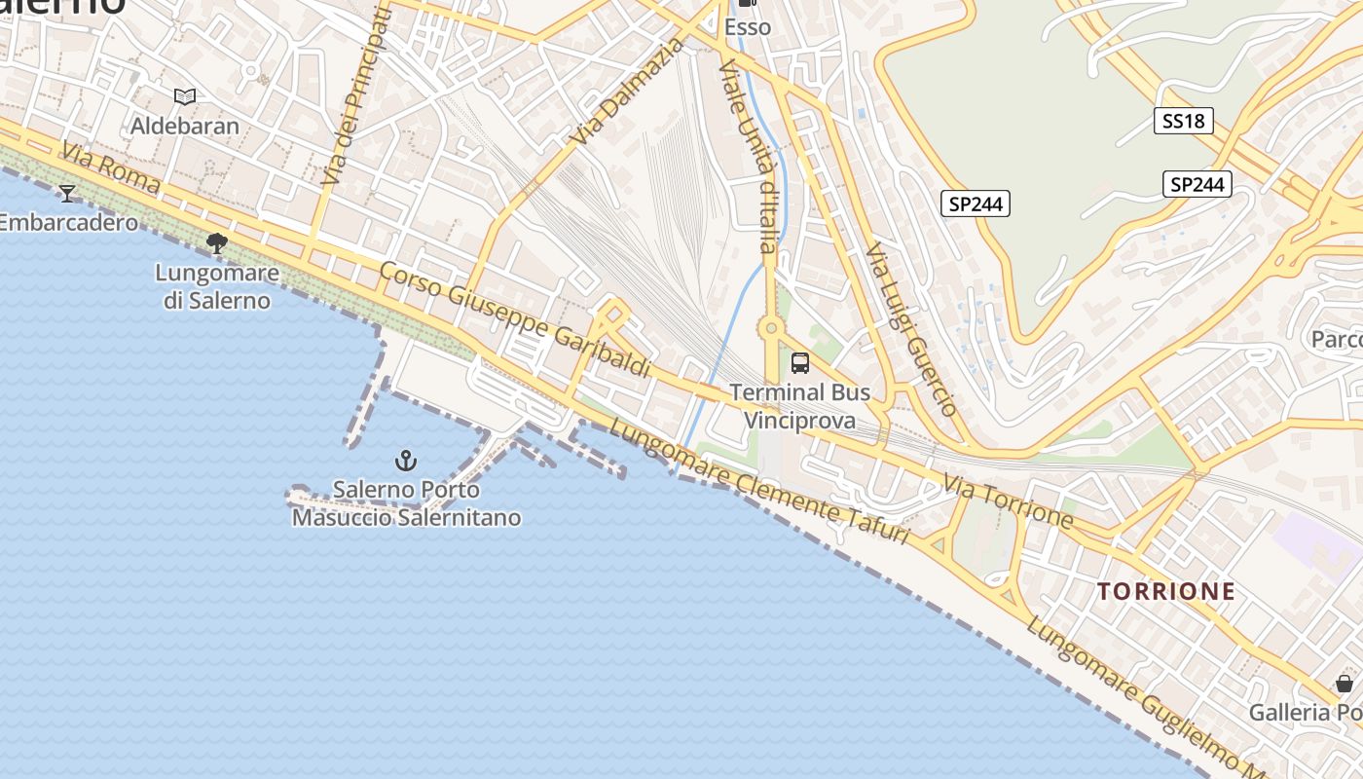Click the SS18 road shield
[1184, 121]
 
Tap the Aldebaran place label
[185, 126]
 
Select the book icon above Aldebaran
[185, 96]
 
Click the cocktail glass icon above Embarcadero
[67, 193]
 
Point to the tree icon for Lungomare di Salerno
[217, 242]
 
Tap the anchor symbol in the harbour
[405, 460]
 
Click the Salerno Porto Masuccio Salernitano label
[406, 503]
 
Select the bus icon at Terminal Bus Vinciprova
[800, 363]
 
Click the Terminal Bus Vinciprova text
[800, 406]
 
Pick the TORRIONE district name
[1166, 591]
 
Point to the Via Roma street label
[111, 167]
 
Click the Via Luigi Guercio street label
[911, 329]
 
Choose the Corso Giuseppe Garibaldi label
[515, 319]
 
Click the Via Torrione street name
[1009, 501]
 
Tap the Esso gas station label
[748, 27]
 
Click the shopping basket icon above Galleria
[1345, 684]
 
